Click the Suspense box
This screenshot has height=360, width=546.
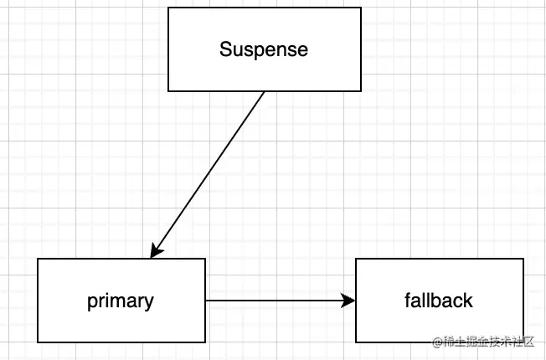pos(265,49)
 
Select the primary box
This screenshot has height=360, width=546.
pos(121,300)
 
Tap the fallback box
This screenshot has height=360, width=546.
pos(440,300)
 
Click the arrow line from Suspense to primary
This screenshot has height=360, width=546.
pos(209,172)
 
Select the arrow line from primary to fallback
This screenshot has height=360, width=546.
pos(276,300)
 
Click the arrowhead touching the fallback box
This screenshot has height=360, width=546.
pos(349,300)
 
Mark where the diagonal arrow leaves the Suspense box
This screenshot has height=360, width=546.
pos(265,91)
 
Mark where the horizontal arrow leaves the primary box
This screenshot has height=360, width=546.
pos(206,300)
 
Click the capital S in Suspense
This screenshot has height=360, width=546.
pos(225,49)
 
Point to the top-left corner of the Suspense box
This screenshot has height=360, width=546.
pos(168,8)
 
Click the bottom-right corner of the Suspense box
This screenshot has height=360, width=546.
pos(361,90)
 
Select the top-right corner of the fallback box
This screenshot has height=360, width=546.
pos(523,259)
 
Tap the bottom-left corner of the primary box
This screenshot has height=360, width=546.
pos(38,342)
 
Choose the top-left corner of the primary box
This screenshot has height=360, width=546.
pos(38,259)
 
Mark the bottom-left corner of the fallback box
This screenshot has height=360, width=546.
pos(356,342)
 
